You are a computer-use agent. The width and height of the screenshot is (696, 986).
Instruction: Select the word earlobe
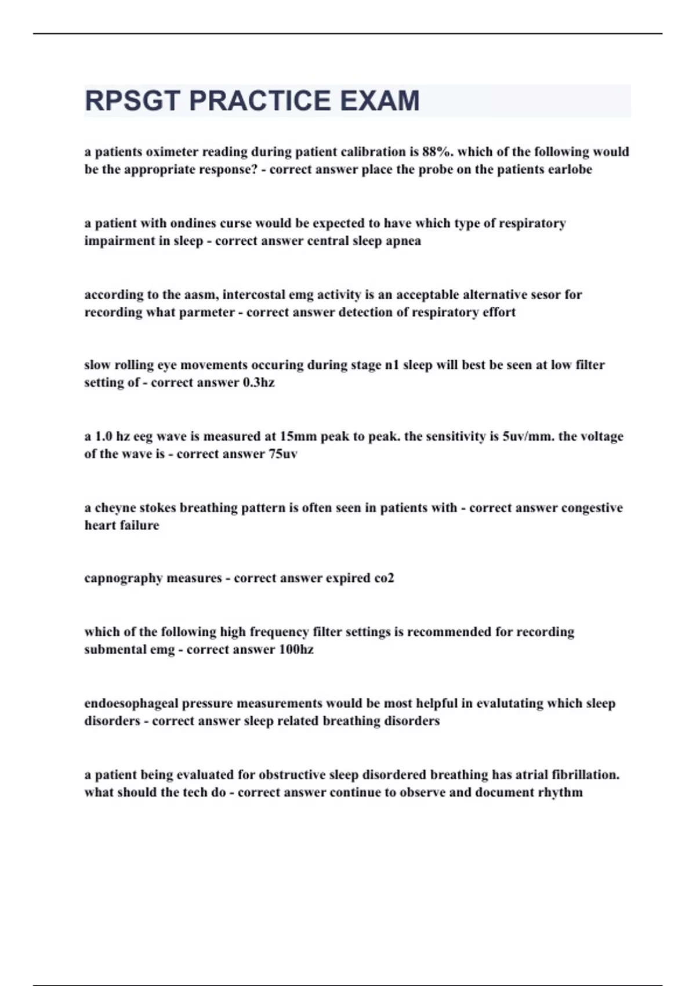point(570,169)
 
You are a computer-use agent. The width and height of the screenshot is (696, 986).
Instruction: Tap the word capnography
point(124,579)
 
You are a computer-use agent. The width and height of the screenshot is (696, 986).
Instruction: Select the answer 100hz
point(296,650)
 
